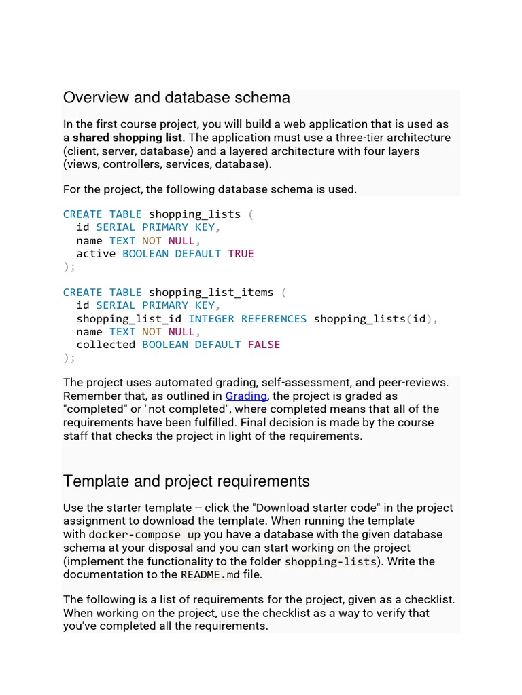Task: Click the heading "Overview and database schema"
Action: coord(176,98)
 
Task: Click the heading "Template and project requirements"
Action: coord(186,481)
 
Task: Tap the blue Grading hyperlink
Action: coord(246,396)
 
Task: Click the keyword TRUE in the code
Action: coord(241,254)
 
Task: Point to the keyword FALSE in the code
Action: coord(264,345)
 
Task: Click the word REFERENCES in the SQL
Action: coord(274,318)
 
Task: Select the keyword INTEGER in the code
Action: coord(211,318)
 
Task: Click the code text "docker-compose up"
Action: coord(145,535)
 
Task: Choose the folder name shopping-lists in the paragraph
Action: coord(330,561)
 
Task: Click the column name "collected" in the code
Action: coord(105,345)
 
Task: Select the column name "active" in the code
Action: coord(96,254)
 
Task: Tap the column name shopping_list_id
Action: coord(128,318)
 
